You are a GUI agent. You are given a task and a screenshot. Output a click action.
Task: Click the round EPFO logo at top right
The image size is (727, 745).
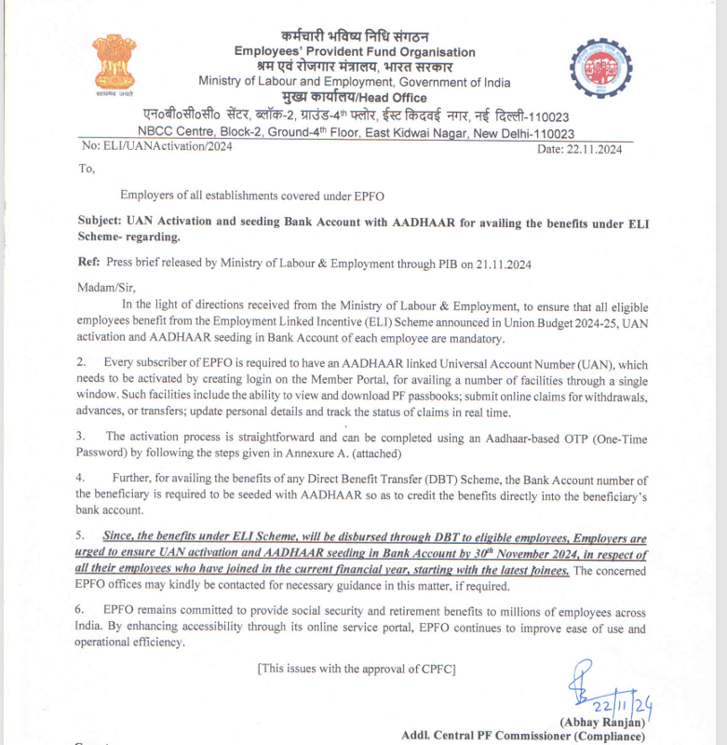pyautogui.click(x=600, y=69)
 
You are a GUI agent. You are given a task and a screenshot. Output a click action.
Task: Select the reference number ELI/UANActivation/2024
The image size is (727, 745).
pyautogui.click(x=157, y=146)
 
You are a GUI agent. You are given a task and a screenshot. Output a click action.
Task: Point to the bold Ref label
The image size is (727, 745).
pyautogui.click(x=88, y=264)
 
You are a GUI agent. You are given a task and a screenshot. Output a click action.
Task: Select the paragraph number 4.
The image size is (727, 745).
pyautogui.click(x=81, y=478)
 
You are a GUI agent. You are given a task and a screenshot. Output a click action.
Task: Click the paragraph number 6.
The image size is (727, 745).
pyautogui.click(x=81, y=612)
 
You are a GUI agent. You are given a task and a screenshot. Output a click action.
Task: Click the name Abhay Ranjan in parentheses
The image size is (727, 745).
pyautogui.click(x=601, y=723)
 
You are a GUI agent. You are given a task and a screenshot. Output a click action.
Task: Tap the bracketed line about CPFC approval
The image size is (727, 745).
pyautogui.click(x=357, y=668)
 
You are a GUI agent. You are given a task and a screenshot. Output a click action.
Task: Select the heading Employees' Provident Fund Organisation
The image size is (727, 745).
pyautogui.click(x=355, y=52)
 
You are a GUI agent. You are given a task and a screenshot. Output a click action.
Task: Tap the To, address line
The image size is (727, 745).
pyautogui.click(x=87, y=169)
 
